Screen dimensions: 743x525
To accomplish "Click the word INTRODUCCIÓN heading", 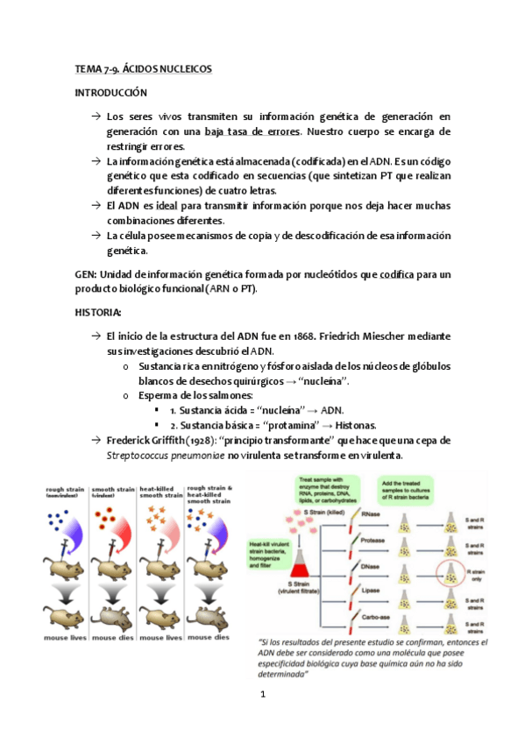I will pyautogui.click(x=110, y=93).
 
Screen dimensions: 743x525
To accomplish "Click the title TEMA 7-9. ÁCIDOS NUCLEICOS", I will pyautogui.click(x=143, y=68).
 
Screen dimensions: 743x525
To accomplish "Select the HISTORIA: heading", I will pyautogui.click(x=103, y=313).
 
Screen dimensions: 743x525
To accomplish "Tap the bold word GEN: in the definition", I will pyautogui.click(x=88, y=274).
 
